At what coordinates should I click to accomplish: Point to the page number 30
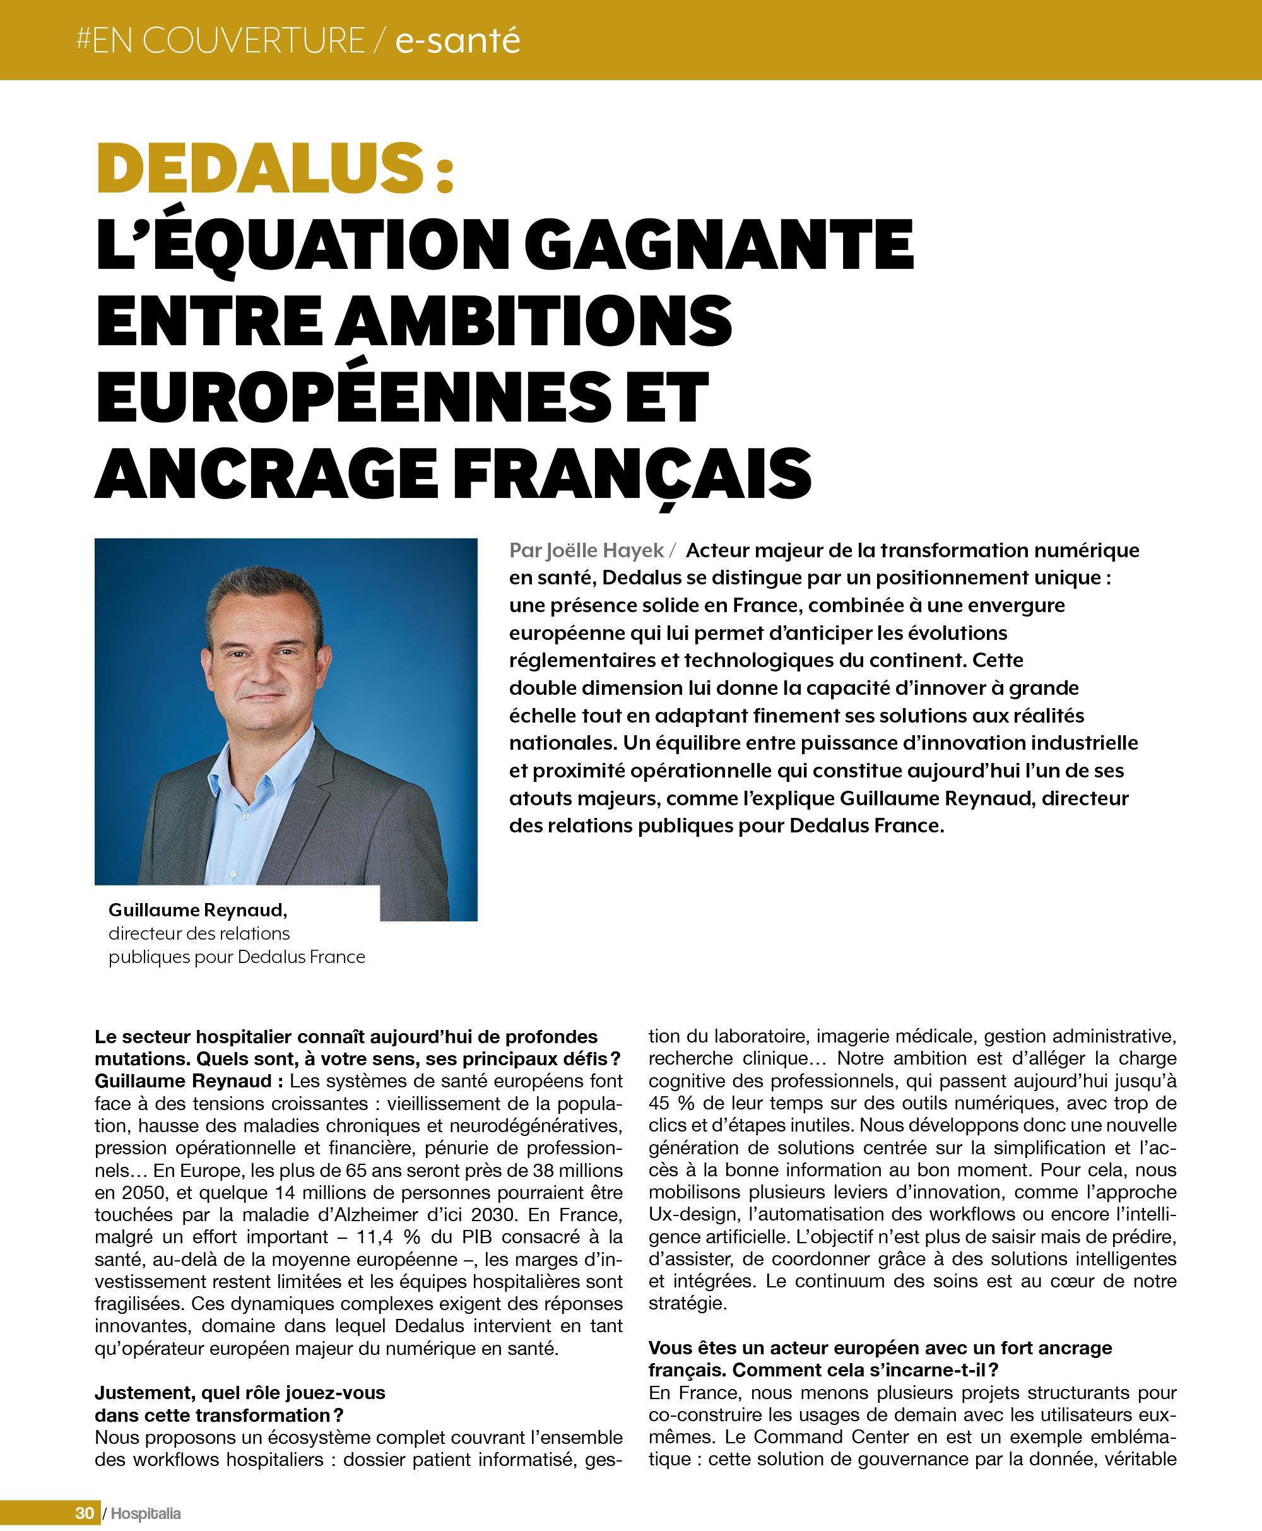tap(85, 1513)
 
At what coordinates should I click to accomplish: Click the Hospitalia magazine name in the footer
tap(145, 1513)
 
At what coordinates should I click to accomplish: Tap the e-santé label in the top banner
tap(457, 40)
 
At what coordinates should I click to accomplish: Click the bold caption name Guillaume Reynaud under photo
tap(198, 909)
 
